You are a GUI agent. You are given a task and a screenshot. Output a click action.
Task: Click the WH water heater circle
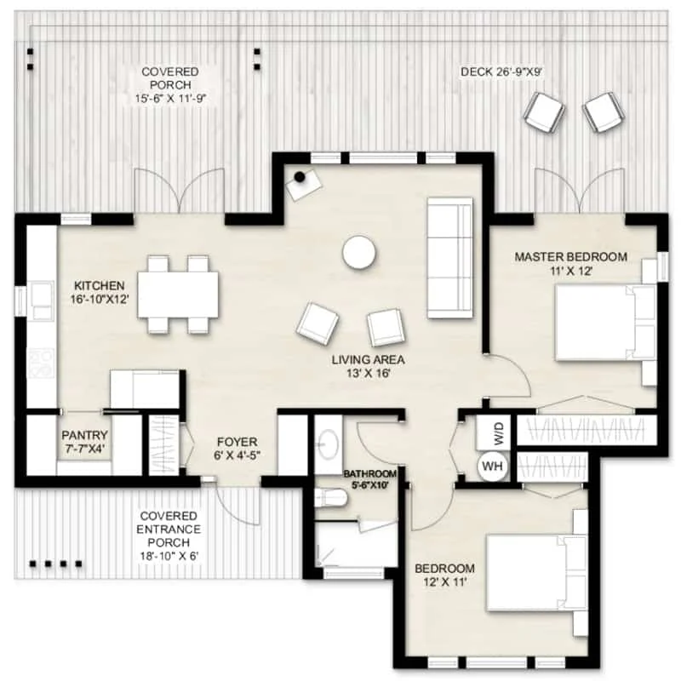tap(493, 466)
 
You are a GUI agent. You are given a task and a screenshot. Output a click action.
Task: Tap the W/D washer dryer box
tap(493, 432)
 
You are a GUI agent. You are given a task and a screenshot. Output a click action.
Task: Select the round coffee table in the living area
tap(358, 253)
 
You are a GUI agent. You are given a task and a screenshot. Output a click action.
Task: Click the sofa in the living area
tap(450, 259)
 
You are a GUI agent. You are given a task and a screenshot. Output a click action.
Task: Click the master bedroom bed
tap(606, 322)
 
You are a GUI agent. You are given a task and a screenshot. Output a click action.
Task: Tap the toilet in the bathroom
tap(330, 498)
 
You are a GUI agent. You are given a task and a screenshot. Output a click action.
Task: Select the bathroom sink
tap(328, 444)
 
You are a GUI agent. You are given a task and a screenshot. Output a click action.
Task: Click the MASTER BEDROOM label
tap(570, 257)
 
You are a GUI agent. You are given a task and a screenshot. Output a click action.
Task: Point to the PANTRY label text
tap(84, 435)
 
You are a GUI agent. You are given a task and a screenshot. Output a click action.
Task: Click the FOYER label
tap(237, 442)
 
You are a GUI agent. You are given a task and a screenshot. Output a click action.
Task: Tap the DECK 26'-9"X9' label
tap(501, 72)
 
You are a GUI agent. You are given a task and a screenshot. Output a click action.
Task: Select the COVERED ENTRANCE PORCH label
tap(169, 529)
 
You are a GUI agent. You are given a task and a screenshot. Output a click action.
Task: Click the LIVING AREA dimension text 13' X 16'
tap(369, 373)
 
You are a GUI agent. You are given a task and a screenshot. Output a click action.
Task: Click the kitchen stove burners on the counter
tap(40, 363)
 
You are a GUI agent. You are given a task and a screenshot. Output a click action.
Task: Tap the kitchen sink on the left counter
tap(40, 300)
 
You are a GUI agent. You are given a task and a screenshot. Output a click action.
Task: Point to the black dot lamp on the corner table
tap(300, 177)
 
